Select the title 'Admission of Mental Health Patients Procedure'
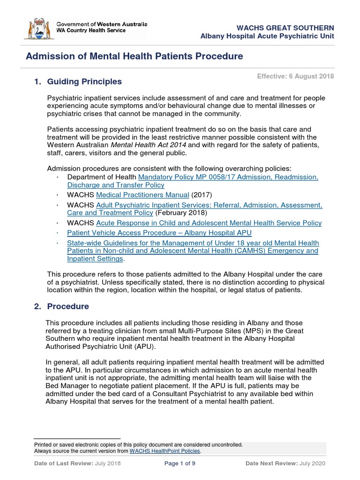pos(135,57)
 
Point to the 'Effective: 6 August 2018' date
pos(295,76)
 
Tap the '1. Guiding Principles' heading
pos(78,82)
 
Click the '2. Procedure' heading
pos(61,307)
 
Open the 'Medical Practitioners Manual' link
pos(142,195)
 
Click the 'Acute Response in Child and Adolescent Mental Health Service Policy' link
pos(209,223)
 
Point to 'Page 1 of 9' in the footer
pos(180,464)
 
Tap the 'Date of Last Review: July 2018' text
pos(77,464)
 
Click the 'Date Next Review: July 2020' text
pos(285,464)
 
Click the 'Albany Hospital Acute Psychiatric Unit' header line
pos(267,37)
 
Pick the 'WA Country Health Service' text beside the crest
pos(91,30)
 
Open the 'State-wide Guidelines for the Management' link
pos(193,243)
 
